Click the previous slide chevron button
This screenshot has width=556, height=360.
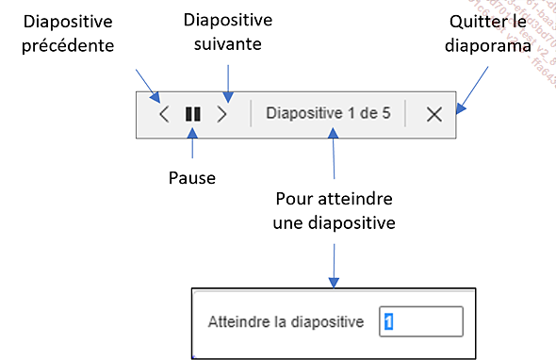pos(164,115)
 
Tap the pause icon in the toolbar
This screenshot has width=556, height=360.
pos(193,115)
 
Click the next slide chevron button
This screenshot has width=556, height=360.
pos(222,115)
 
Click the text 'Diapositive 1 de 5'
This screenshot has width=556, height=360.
pos(327,114)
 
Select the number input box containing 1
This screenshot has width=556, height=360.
pos(421,321)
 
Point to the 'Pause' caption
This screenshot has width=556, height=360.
pos(192,176)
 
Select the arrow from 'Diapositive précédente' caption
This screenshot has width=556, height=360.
pos(147,83)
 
